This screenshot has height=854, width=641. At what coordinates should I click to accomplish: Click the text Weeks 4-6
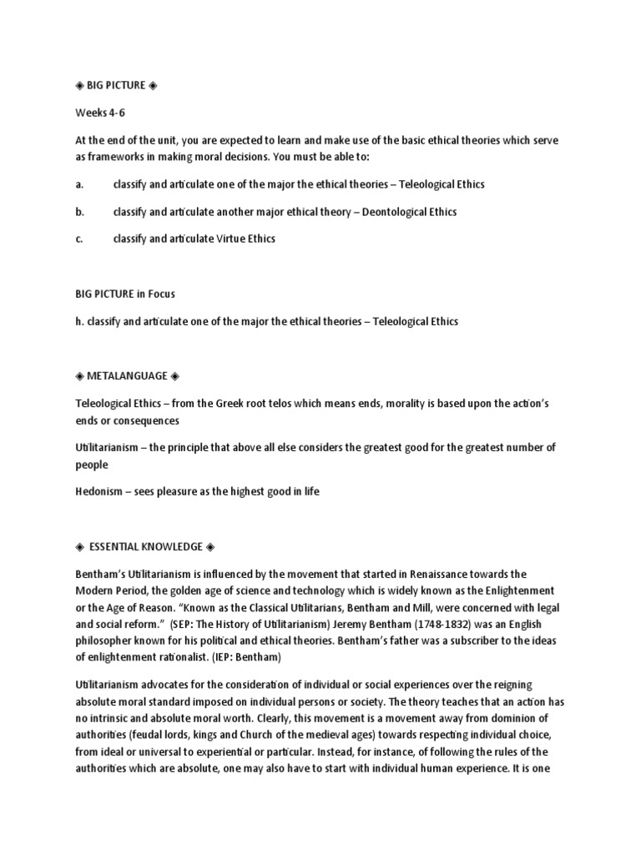click(x=99, y=111)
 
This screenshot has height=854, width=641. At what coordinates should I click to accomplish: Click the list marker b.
click(x=79, y=212)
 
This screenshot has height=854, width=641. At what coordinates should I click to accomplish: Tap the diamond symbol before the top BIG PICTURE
click(x=78, y=85)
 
